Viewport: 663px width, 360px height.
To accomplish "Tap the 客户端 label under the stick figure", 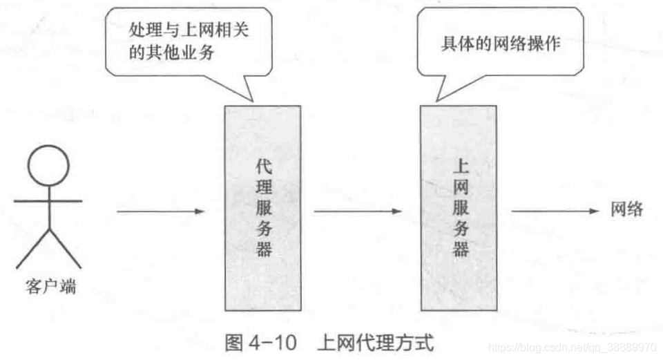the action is (47, 287).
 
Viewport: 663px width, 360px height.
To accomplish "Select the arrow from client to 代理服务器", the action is (161, 211).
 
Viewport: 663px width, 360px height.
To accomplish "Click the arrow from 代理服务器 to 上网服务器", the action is (357, 211).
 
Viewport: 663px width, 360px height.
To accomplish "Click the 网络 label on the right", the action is (626, 210).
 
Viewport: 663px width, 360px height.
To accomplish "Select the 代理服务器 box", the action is (262, 207).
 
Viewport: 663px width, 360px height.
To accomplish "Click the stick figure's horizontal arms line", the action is (48, 200).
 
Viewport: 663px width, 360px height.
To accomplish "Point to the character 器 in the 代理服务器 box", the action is (264, 249).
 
